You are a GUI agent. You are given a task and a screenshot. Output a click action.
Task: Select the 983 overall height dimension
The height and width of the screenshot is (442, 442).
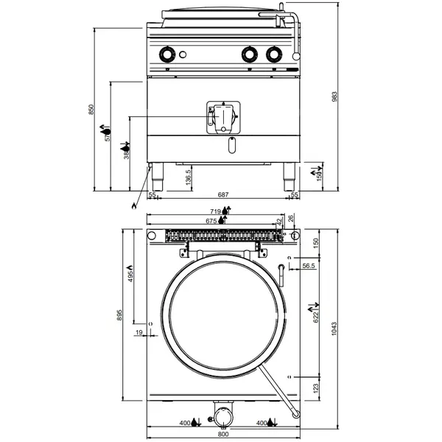coord(334,98)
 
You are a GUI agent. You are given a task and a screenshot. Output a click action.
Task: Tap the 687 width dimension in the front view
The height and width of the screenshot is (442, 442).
coord(222,194)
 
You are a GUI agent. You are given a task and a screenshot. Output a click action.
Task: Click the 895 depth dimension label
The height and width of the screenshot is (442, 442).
coord(110,315)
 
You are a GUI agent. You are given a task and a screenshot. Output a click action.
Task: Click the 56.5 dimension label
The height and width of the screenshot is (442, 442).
coord(307,265)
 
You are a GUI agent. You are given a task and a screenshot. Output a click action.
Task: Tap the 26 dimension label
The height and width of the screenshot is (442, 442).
coord(290,217)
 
